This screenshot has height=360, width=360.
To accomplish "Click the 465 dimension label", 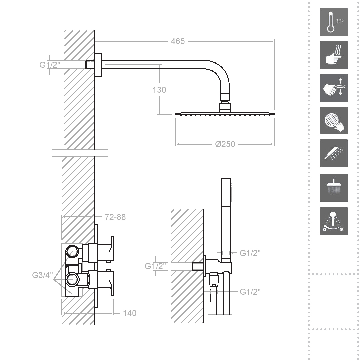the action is (x=178, y=41).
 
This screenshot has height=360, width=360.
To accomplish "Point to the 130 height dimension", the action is (x=159, y=90).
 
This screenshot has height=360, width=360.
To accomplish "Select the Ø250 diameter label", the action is (x=225, y=144).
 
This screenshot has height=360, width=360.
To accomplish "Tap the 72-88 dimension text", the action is (x=115, y=217).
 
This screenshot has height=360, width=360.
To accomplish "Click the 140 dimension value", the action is (x=130, y=313).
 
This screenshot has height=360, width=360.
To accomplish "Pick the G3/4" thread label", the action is (x=42, y=275).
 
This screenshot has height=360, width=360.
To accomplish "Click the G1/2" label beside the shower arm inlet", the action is (x=50, y=65).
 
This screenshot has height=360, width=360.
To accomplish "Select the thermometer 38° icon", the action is (x=333, y=22).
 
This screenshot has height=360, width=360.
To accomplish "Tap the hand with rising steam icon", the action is (x=333, y=55).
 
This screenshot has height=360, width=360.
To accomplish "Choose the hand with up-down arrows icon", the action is (x=333, y=88).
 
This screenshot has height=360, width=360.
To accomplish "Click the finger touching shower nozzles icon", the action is (x=333, y=121).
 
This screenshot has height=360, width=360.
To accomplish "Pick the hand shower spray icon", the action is (x=333, y=153).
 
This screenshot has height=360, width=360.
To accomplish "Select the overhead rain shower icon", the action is (x=333, y=188).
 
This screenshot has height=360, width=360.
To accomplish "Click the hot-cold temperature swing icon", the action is (x=333, y=221).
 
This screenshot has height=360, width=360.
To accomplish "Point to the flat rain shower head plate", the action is (x=225, y=113).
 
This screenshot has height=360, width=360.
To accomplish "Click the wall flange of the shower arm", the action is (x=98, y=65).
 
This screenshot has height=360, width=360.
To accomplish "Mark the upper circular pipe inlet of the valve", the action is (x=72, y=252).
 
